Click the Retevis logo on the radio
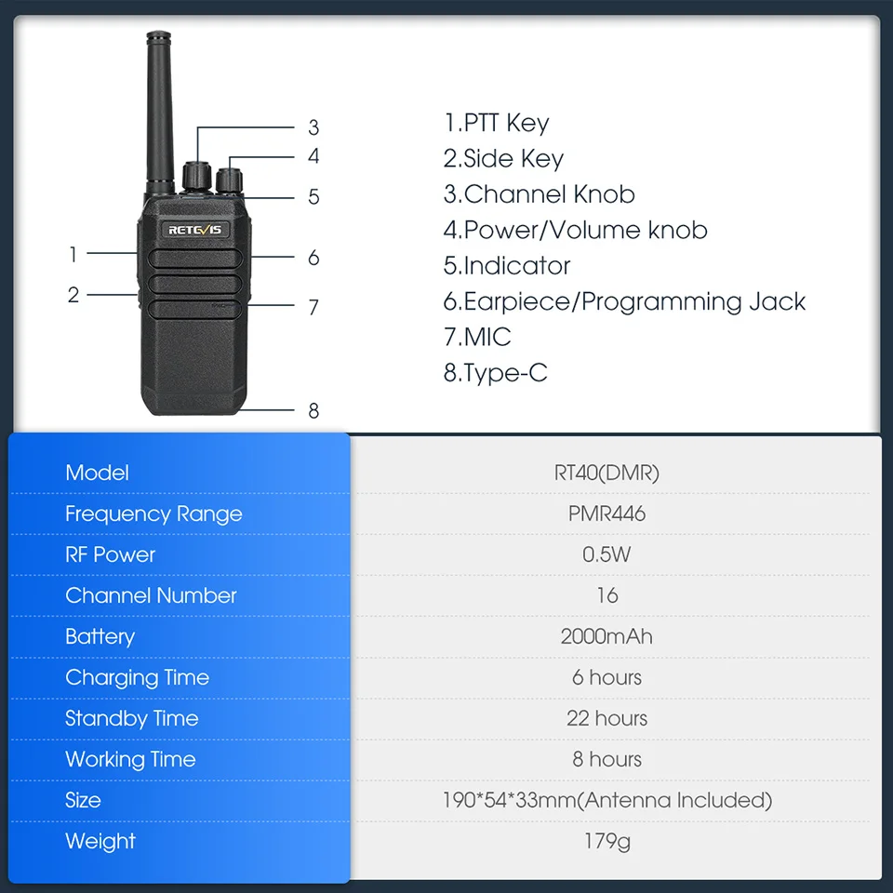tap(194, 230)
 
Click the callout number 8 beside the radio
tap(313, 410)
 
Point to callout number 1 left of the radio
tap(73, 254)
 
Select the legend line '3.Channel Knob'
tap(539, 194)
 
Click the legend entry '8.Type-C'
tap(495, 373)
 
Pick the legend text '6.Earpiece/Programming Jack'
tap(624, 301)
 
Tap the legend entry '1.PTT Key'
tap(496, 123)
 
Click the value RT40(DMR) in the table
tap(606, 473)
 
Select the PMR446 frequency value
tap(606, 513)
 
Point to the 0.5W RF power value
tap(606, 554)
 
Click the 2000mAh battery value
tap(606, 636)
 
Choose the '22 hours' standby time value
tap(606, 718)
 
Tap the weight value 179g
tap(607, 842)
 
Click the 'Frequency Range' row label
tap(153, 514)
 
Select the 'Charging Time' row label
tap(138, 678)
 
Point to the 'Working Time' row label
tap(130, 760)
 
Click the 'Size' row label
tap(83, 800)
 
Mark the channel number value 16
tap(607, 595)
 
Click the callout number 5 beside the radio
tap(313, 197)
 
